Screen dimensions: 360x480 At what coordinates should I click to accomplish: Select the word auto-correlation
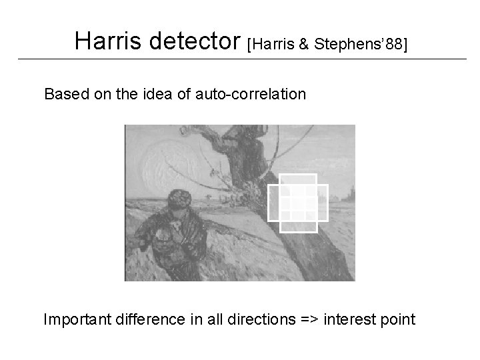point(251,94)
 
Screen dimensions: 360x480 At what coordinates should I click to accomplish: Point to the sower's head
point(179,201)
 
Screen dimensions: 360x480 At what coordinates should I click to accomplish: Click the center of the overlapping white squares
point(298,203)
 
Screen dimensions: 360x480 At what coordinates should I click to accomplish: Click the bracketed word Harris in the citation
point(270,43)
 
